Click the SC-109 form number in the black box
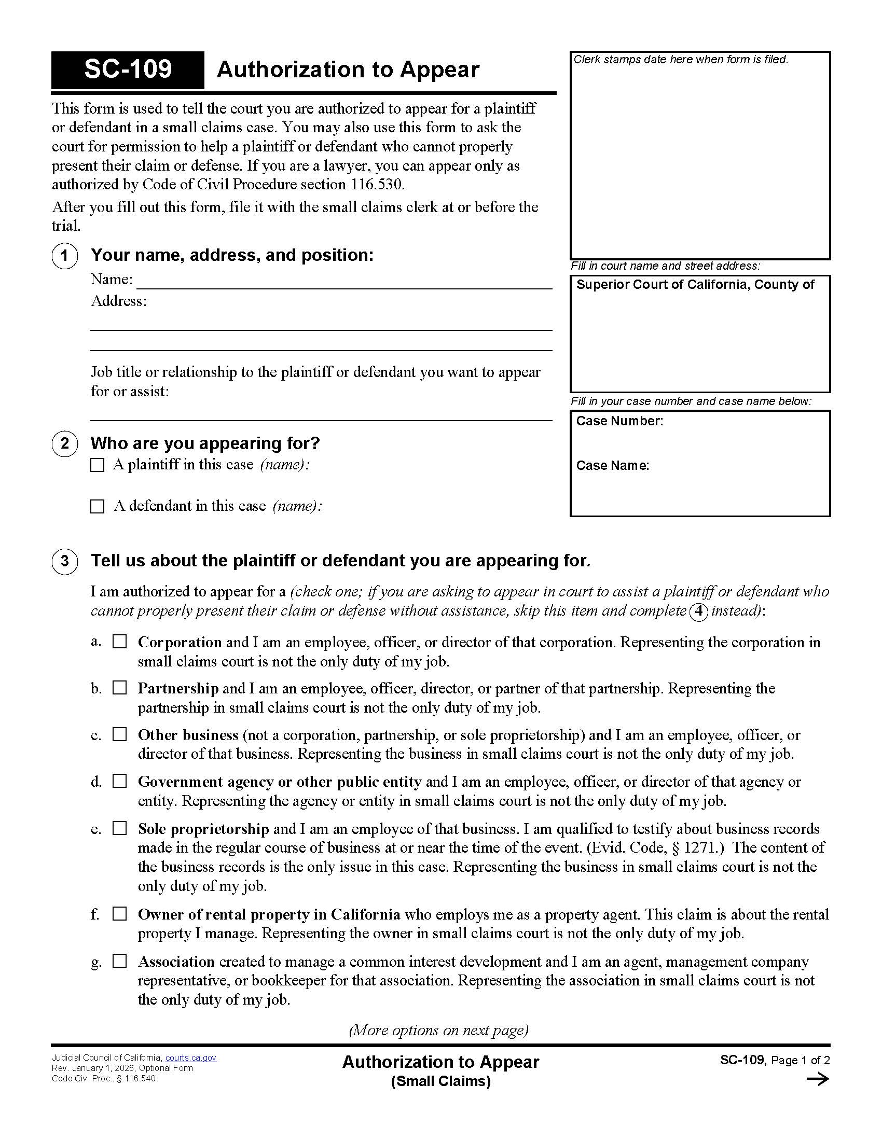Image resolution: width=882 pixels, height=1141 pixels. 128,69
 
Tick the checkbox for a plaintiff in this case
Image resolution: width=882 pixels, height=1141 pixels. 97,465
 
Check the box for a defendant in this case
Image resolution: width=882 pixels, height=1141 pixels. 97,506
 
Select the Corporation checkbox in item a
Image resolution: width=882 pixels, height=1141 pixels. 120,642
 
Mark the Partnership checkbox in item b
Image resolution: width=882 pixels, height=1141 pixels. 120,688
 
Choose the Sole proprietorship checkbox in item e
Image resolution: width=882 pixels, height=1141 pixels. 120,828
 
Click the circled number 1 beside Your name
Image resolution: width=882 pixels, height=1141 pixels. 65,256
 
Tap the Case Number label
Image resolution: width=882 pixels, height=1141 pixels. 619,421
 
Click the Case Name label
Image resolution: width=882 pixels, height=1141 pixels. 612,466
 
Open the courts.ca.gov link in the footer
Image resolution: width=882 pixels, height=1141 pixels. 191,1058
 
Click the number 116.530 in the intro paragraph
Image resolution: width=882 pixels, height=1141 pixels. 376,185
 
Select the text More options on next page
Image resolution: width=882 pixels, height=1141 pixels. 438,1030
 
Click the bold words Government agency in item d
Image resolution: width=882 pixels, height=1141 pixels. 206,782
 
